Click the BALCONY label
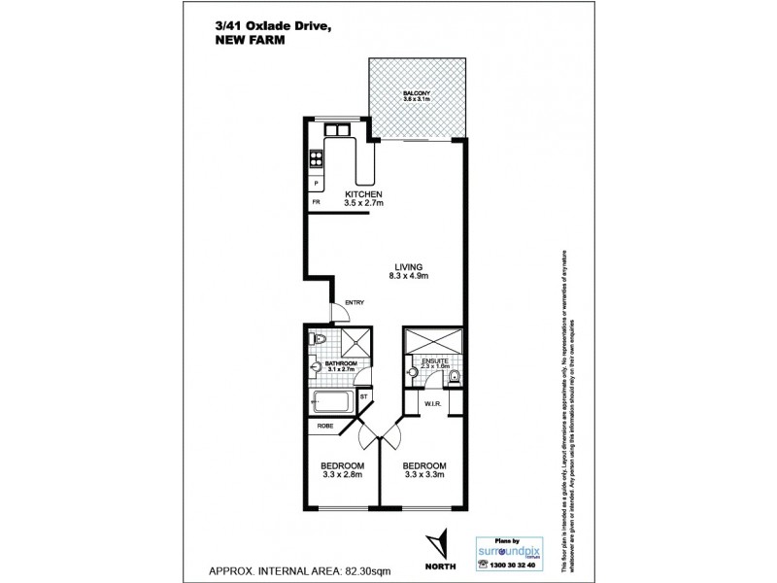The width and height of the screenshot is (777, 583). (x=417, y=93)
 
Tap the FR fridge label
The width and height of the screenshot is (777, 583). (x=316, y=202)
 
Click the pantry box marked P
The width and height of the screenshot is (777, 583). (x=316, y=182)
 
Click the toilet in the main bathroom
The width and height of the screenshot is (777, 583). (x=319, y=338)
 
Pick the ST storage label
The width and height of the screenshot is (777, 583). (x=363, y=396)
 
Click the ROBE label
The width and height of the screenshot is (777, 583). (x=325, y=426)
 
